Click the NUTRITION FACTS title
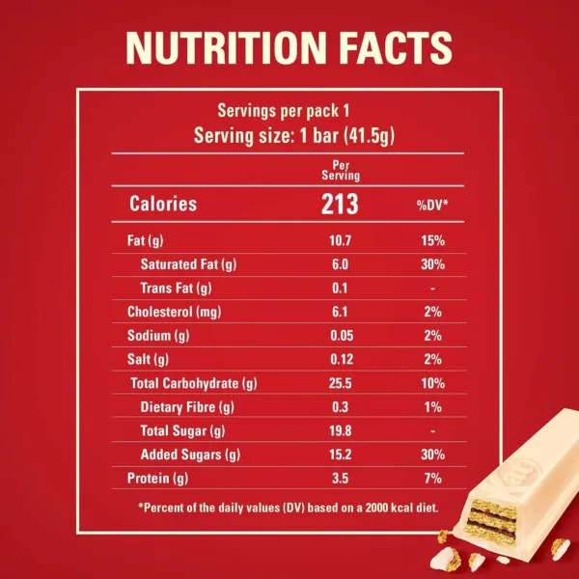(289, 47)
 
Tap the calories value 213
(340, 204)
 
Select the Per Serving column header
(340, 171)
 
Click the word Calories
(163, 205)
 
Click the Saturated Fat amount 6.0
(340, 264)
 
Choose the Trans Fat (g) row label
(177, 289)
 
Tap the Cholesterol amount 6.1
(340, 312)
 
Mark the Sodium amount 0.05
(340, 336)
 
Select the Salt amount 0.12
(340, 359)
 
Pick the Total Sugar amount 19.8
(340, 430)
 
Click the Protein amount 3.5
(340, 478)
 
